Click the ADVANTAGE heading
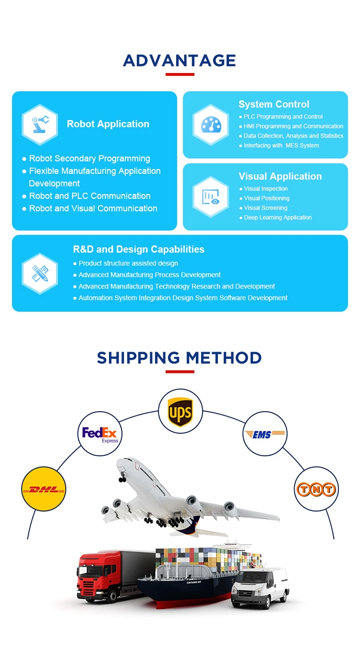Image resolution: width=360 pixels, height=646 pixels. pyautogui.click(x=180, y=61)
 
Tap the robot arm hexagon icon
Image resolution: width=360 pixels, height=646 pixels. pyautogui.click(x=40, y=125)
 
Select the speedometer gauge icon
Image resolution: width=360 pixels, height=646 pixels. pyautogui.click(x=211, y=125)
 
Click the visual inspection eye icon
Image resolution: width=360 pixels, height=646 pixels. pyautogui.click(x=211, y=197)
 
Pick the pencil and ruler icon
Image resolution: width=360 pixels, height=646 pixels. pyautogui.click(x=40, y=273)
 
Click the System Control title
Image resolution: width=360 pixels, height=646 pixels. pyautogui.click(x=274, y=104)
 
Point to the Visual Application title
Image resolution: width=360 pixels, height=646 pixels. pyautogui.click(x=280, y=176)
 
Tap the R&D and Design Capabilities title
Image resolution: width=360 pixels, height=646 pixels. pyautogui.click(x=138, y=249)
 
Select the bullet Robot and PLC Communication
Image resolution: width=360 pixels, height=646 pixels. pyautogui.click(x=89, y=196)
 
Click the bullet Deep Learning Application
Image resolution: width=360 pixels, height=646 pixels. pyautogui.click(x=277, y=218)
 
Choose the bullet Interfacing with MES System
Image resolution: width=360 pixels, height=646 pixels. pyautogui.click(x=281, y=146)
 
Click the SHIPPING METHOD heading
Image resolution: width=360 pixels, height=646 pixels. pyautogui.click(x=180, y=358)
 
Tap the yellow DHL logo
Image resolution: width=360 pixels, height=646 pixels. pyautogui.click(x=44, y=489)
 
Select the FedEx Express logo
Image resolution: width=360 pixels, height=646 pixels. pyautogui.click(x=100, y=434)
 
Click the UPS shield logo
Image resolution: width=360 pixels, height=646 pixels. pyautogui.click(x=180, y=412)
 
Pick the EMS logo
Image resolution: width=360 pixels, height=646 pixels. pyautogui.click(x=265, y=434)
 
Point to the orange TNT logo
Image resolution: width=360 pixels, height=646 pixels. pyautogui.click(x=316, y=489)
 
